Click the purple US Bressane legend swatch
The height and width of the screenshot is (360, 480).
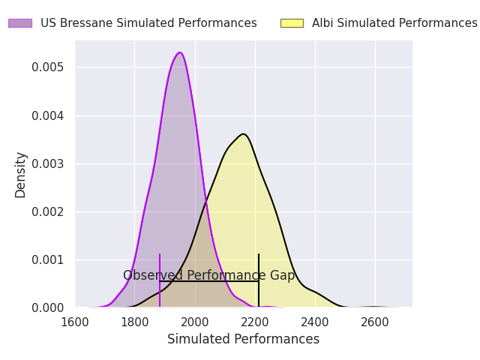click(20, 23)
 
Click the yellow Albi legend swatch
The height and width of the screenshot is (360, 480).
click(292, 23)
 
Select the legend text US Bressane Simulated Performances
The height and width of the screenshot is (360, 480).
click(148, 23)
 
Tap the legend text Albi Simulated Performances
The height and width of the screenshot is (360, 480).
click(394, 23)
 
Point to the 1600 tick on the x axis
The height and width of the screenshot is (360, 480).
click(75, 322)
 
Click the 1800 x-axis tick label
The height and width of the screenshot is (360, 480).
click(135, 322)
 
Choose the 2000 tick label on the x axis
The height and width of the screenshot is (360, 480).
click(195, 322)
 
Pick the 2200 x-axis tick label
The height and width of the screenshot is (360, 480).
click(255, 322)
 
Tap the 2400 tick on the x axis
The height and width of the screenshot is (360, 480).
click(315, 322)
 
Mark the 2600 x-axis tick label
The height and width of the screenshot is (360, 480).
click(375, 322)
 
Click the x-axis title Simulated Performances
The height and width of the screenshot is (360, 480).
click(243, 340)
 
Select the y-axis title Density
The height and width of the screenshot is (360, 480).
click(20, 174)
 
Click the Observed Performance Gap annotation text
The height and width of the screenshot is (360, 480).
click(208, 276)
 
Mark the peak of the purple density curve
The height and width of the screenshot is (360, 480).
click(180, 52)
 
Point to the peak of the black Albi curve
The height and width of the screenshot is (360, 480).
click(244, 134)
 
